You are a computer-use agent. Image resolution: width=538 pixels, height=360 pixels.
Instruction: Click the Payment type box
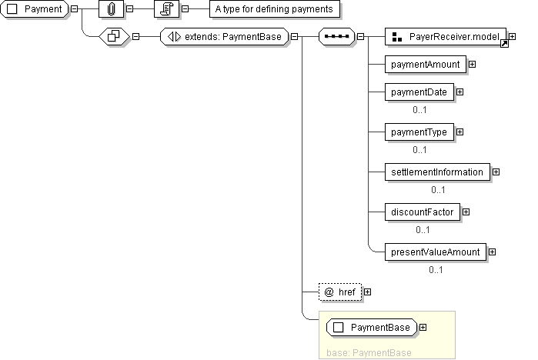35,9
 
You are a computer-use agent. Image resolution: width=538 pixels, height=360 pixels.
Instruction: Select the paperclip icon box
111,9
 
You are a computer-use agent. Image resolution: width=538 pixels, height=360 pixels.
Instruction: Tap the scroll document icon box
166,9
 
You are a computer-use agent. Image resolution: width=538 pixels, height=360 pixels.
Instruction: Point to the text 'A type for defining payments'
274,9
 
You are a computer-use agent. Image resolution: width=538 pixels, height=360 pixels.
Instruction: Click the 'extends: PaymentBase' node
225,37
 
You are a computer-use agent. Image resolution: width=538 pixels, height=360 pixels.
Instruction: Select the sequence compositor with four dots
336,37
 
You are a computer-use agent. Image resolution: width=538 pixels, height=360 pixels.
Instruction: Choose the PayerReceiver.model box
446,37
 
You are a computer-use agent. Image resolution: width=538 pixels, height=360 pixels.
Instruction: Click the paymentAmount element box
426,65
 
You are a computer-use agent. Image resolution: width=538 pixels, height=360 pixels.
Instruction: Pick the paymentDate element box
419,92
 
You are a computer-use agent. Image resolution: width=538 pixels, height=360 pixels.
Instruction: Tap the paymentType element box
419,132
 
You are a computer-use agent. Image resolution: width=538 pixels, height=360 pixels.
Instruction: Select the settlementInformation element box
437,172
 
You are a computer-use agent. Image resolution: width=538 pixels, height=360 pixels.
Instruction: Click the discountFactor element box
423,212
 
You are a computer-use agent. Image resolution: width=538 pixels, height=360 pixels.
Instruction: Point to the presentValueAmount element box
436,252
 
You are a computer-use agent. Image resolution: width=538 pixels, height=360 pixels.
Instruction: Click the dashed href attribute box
340,292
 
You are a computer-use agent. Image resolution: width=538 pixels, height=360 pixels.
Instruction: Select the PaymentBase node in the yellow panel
372,328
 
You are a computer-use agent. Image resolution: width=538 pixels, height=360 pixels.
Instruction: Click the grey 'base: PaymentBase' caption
369,353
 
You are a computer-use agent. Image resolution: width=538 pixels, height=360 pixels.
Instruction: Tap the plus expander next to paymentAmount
472,65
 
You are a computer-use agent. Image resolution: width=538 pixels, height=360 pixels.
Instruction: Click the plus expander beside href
367,292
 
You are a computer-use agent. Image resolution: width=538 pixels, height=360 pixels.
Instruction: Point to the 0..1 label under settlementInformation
438,190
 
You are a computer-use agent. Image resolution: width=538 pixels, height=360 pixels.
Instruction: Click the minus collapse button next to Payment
74,9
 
